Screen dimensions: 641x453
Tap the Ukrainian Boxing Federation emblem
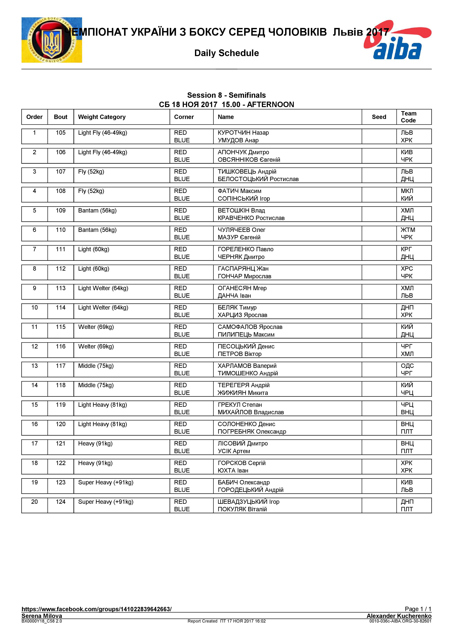click(52, 40)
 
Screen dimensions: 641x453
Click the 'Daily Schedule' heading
click(226, 53)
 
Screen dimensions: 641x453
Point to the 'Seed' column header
click(379, 117)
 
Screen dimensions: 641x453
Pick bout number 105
click(60, 133)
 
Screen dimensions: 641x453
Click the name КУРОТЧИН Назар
click(243, 133)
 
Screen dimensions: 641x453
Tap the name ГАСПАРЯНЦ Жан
click(243, 269)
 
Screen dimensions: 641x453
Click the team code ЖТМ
click(408, 230)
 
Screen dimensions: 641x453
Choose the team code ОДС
click(407, 366)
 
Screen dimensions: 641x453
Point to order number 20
click(34, 502)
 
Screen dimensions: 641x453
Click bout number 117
click(60, 366)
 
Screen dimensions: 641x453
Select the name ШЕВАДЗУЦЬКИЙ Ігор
click(248, 502)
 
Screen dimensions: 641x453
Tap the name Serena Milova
click(42, 616)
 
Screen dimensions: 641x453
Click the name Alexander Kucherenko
click(399, 616)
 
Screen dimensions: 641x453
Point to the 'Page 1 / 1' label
click(418, 609)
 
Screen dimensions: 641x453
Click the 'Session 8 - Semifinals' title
click(226, 95)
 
